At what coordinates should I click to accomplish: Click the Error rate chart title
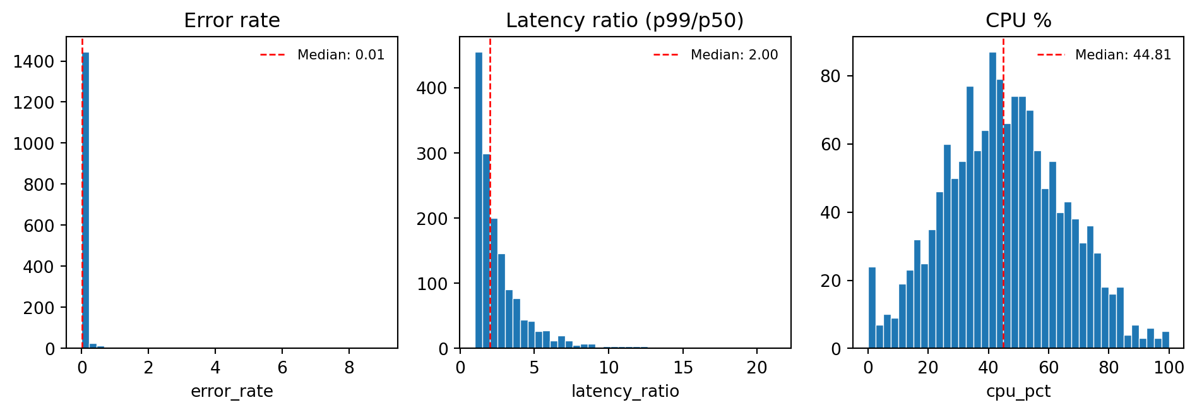coord(232,21)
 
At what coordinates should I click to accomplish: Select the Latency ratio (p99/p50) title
coord(624,21)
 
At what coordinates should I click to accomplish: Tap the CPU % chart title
coord(1018,21)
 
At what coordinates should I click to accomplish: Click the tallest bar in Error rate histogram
coord(85,202)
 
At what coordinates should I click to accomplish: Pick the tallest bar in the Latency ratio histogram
coord(479,202)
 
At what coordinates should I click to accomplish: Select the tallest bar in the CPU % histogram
coord(992,202)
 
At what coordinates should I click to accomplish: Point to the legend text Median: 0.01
coord(341,55)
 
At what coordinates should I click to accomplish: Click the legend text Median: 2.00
coord(734,55)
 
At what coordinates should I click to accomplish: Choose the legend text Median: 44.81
coord(1123,55)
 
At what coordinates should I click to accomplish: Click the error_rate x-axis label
coord(232,392)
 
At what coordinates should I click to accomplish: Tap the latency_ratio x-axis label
coord(625,392)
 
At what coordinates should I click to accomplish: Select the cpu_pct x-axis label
coord(1018,392)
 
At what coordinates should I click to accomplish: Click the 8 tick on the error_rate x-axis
coord(349,368)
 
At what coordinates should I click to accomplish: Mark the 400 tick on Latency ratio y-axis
coord(432,88)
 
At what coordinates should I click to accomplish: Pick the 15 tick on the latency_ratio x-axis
coord(683,368)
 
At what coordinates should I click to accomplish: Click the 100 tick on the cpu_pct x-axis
coord(1169,368)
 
